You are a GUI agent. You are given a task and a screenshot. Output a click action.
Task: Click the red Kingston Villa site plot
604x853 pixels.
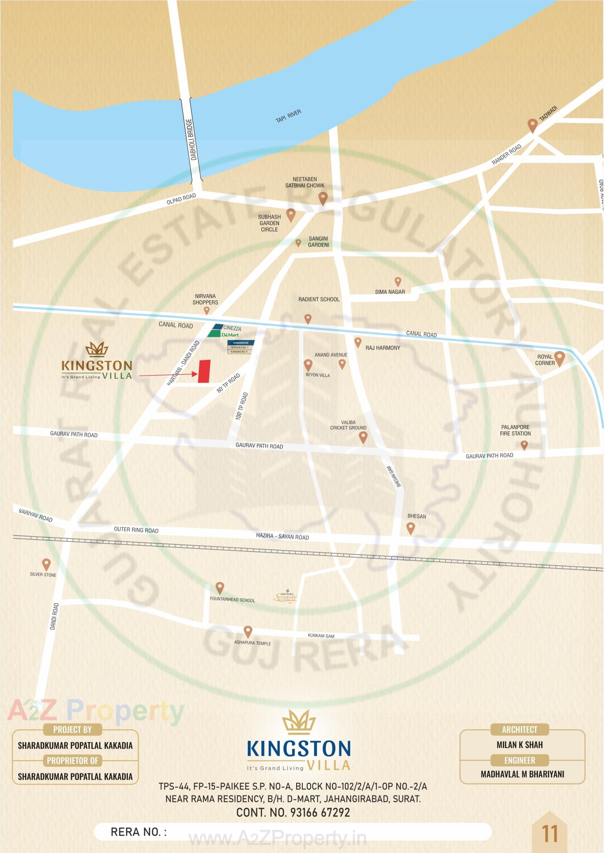pyautogui.click(x=204, y=371)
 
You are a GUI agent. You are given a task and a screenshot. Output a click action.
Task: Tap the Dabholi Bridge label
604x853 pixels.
pyautogui.click(x=191, y=139)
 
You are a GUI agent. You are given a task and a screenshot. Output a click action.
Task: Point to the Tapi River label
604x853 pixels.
pyautogui.click(x=288, y=116)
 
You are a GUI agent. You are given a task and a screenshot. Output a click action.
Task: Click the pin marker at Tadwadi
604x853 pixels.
pyautogui.click(x=532, y=125)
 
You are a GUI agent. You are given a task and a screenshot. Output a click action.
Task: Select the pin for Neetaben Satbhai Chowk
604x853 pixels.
pyautogui.click(x=323, y=198)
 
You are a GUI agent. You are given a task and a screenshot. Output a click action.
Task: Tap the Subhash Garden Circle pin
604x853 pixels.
pyautogui.click(x=290, y=214)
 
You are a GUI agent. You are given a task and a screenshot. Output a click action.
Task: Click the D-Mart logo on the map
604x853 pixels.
pyautogui.click(x=230, y=335)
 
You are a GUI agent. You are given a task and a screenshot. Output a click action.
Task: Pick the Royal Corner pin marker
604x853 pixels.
pyautogui.click(x=559, y=358)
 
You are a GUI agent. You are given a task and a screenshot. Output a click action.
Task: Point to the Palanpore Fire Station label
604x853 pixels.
pyautogui.click(x=515, y=430)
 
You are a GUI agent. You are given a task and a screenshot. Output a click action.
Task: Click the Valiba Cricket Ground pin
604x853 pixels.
pyautogui.click(x=363, y=437)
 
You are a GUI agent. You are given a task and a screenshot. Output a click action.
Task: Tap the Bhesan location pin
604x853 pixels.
pyautogui.click(x=410, y=527)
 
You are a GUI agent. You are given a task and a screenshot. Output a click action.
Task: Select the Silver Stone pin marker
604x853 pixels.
pyautogui.click(x=46, y=564)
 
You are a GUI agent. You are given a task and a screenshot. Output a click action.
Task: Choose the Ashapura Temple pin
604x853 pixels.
pyautogui.click(x=248, y=631)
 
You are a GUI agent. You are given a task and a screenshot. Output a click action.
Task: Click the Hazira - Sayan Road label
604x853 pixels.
pyautogui.click(x=282, y=536)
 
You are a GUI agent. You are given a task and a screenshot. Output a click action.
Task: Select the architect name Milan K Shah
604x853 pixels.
pyautogui.click(x=520, y=745)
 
